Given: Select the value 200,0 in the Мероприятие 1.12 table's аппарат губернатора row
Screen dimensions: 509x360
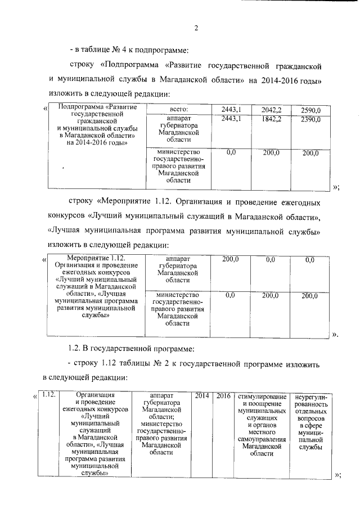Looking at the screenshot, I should point(231,259).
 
